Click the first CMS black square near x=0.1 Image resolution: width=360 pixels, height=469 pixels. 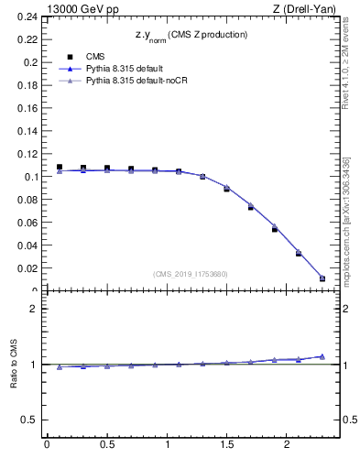pos(60,168)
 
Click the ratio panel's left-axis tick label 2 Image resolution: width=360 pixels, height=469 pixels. pos(34,309)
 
